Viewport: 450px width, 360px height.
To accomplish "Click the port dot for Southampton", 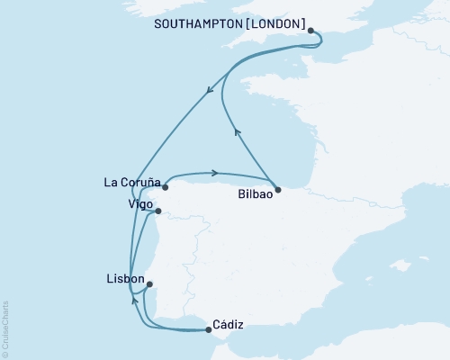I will (x=311, y=31).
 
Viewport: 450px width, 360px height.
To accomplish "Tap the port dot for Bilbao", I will (x=279, y=190).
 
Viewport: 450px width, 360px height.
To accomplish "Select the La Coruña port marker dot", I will (x=166, y=188).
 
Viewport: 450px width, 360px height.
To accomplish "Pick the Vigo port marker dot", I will (x=157, y=211).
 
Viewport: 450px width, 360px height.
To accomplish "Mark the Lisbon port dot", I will (x=149, y=284).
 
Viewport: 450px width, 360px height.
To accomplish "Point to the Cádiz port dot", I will (x=210, y=329).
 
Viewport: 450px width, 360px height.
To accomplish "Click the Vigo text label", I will (x=139, y=204).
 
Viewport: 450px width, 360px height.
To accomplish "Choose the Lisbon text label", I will (x=125, y=279).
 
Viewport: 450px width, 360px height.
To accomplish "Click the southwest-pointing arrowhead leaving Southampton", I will (x=210, y=89).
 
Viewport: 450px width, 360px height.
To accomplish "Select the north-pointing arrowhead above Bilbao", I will (x=238, y=131).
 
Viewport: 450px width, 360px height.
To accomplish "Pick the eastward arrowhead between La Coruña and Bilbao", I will (x=216, y=172).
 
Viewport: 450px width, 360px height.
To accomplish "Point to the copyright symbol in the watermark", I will (x=6, y=352).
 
